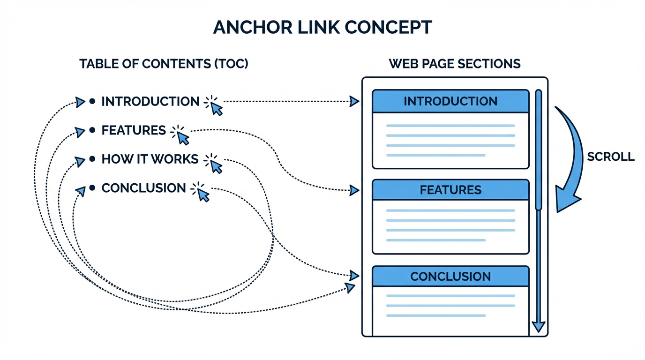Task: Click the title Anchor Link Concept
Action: click(322, 28)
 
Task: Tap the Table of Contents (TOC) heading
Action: click(164, 64)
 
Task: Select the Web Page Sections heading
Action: click(454, 64)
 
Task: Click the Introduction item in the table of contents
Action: click(150, 101)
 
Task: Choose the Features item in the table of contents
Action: click(134, 130)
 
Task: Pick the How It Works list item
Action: click(150, 159)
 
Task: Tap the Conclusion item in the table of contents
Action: click(143, 188)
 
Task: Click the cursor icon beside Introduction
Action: click(215, 106)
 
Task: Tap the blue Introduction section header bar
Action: click(450, 101)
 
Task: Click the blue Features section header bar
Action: click(450, 190)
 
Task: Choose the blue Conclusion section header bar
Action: click(450, 277)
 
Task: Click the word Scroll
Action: click(610, 157)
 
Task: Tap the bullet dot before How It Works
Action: click(92, 159)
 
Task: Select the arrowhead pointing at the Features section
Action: click(354, 190)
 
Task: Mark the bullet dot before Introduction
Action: click(92, 101)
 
